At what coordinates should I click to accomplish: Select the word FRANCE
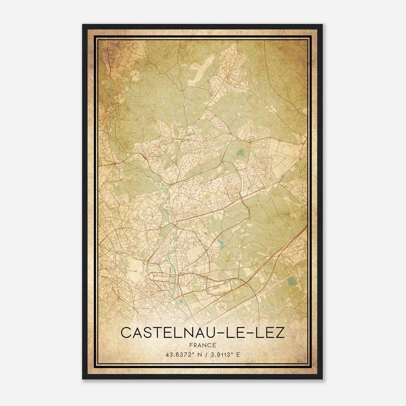(202, 345)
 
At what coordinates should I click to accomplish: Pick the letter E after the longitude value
(238, 355)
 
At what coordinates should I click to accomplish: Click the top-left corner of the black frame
(83, 25)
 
